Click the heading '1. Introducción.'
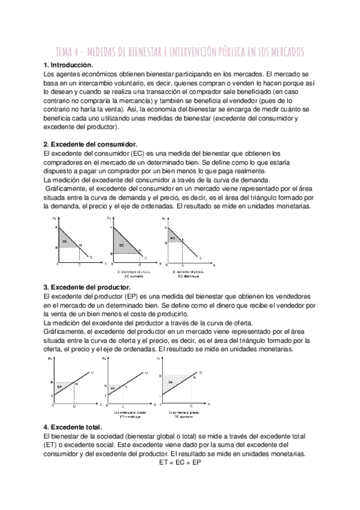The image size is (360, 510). point(68,64)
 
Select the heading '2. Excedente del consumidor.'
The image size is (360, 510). point(90,144)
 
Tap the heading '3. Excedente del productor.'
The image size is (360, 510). point(88,288)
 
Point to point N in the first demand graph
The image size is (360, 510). point(81,245)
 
